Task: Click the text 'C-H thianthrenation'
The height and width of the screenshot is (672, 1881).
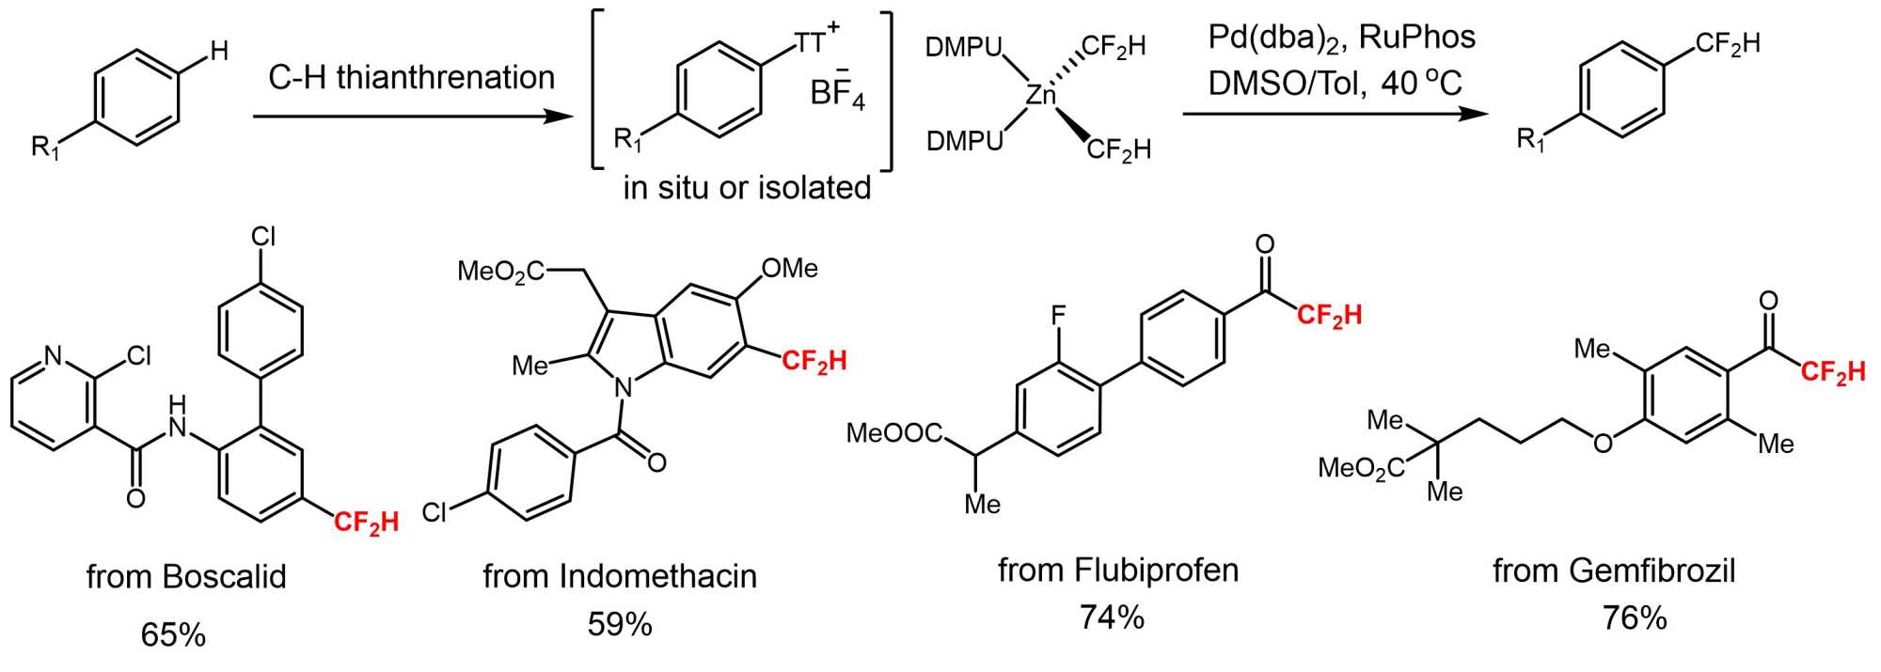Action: tap(411, 77)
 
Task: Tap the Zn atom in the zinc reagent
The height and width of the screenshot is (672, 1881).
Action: tap(1041, 94)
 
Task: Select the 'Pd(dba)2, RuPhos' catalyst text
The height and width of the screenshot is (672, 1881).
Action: tap(1341, 38)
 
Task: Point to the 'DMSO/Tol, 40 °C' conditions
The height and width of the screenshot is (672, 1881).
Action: tap(1335, 84)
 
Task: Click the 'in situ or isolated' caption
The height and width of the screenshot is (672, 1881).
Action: tap(747, 187)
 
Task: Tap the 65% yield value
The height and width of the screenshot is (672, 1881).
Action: tap(173, 634)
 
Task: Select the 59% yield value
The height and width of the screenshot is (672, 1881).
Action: tap(620, 624)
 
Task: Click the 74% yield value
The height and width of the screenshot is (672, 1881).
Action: tap(1112, 617)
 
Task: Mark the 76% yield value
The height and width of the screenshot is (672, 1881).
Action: tap(1635, 617)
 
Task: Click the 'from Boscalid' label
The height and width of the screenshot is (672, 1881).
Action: tap(186, 576)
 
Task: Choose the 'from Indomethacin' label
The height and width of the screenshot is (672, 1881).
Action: tap(620, 575)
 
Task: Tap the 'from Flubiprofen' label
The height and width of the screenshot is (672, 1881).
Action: tap(1118, 570)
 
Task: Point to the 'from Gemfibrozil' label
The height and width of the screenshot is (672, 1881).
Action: tap(1614, 570)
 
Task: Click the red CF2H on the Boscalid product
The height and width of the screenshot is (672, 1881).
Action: tap(366, 523)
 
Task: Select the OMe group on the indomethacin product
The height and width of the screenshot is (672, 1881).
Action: tap(789, 269)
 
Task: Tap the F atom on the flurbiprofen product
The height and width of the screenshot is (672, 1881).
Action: tap(1058, 315)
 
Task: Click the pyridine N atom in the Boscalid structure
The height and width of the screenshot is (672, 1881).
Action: tap(54, 355)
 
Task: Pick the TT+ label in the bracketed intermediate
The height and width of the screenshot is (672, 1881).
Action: tap(815, 40)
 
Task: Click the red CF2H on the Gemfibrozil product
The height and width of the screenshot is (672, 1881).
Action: tap(1833, 372)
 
